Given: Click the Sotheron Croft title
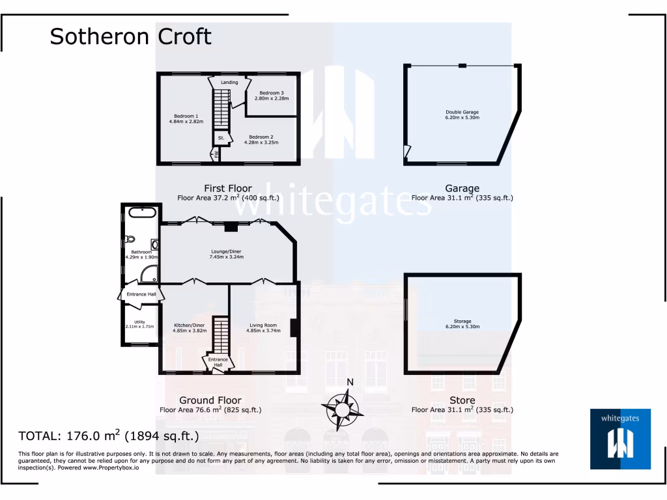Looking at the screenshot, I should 131,36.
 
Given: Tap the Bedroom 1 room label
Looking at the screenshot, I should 186,116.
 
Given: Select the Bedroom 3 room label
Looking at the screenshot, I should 271,93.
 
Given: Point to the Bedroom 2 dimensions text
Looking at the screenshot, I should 261,143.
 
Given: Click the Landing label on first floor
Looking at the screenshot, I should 229,83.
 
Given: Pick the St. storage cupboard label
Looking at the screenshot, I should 221,138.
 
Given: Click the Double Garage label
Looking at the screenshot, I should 462,112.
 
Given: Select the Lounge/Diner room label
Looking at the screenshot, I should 226,251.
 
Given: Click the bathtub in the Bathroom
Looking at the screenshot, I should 141,212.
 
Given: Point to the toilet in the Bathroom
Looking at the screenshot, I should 129,238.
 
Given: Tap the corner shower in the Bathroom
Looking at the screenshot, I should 149,274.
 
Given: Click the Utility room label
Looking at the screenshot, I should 139,322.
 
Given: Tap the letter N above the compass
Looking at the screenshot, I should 350,382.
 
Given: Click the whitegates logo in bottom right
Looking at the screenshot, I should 620,439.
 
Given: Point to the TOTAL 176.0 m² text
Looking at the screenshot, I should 108,436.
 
